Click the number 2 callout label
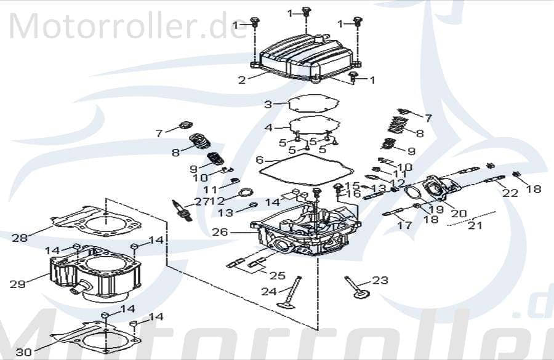tap(242, 80)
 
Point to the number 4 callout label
tap(268, 128)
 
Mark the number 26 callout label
tap(220, 233)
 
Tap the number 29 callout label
tap(17, 284)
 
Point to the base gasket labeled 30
tap(98, 335)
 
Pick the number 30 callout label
tap(23, 352)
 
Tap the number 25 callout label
tap(277, 276)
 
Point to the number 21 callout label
tap(474, 226)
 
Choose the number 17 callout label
tap(404, 225)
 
